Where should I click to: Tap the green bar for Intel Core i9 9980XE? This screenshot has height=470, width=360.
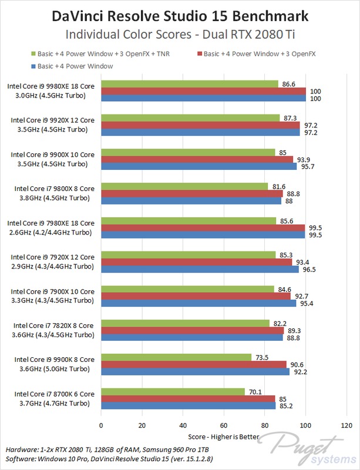pos(190,84)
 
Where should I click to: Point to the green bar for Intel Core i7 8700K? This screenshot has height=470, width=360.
pos(173,392)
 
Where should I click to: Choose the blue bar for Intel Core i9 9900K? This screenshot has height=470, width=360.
pos(196,371)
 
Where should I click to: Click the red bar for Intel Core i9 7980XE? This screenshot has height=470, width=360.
pos(203,228)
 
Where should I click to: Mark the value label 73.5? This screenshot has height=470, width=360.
pos(262,357)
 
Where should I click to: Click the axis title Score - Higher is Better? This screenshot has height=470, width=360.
pos(224,437)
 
